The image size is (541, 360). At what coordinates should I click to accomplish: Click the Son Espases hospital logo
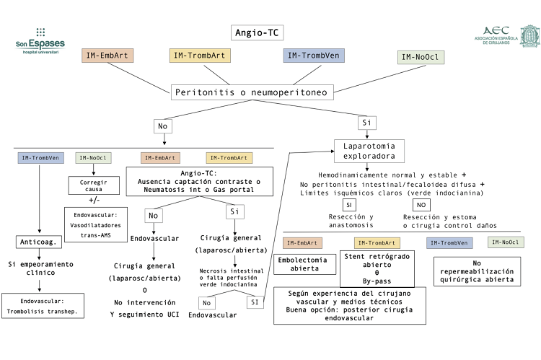40,41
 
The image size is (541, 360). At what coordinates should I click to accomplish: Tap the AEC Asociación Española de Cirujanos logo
506,35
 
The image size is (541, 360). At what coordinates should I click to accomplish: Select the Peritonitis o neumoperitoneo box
252,92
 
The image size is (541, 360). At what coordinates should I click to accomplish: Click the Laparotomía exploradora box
369,151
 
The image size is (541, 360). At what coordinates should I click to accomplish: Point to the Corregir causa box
94,185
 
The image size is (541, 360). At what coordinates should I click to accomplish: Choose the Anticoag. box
39,242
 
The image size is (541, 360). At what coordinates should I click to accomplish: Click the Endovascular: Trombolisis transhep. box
43,306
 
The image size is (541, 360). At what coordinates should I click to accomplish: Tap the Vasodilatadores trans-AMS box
95,224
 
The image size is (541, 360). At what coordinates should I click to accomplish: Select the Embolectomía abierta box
304,264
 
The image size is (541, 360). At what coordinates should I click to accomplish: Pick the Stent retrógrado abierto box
377,268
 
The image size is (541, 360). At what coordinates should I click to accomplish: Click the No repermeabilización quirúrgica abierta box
477,271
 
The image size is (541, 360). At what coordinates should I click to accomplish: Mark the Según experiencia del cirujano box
350,305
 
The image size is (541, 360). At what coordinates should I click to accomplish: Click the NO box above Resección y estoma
421,205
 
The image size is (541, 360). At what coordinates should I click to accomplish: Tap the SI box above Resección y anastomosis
349,205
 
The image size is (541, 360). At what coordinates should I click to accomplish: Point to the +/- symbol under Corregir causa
94,200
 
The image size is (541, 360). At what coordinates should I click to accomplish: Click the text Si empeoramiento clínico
40,268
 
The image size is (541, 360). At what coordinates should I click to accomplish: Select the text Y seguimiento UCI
144,315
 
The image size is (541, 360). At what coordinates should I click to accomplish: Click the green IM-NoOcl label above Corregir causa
93,158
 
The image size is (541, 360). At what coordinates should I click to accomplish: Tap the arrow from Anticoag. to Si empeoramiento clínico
39,254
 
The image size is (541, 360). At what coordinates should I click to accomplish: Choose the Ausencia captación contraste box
199,182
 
